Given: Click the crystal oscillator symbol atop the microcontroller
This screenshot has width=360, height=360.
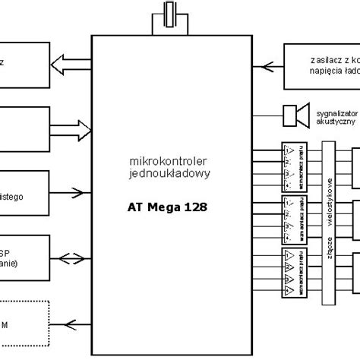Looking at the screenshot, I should point(166,16).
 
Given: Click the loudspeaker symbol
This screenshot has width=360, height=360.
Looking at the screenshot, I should point(295,115).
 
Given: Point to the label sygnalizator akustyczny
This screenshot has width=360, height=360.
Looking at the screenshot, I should point(334,115).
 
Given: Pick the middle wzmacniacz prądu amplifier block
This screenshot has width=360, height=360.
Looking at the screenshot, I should point(292,215).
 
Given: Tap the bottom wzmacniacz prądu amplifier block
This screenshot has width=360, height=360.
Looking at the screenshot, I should point(292,271).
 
